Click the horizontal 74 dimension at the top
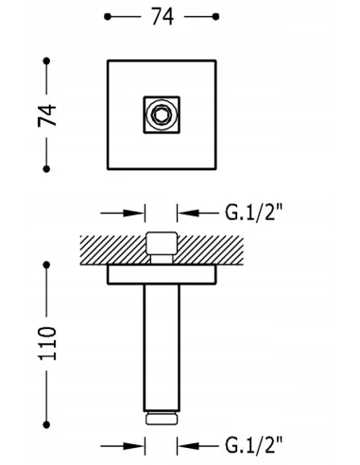163,17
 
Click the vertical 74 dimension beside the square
47,115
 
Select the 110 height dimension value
47,343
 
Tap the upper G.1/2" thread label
254,213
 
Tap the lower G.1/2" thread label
254,444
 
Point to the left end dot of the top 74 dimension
108,17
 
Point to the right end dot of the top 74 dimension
215,17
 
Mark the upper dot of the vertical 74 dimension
46,60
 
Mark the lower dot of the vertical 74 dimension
46,169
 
